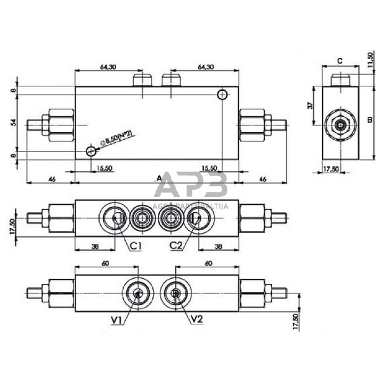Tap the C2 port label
(x=177, y=245)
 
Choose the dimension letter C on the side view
(x=340, y=61)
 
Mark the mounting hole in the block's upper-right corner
(x=222, y=95)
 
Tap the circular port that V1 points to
(x=138, y=293)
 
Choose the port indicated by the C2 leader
(x=194, y=218)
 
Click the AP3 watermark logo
(x=190, y=186)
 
